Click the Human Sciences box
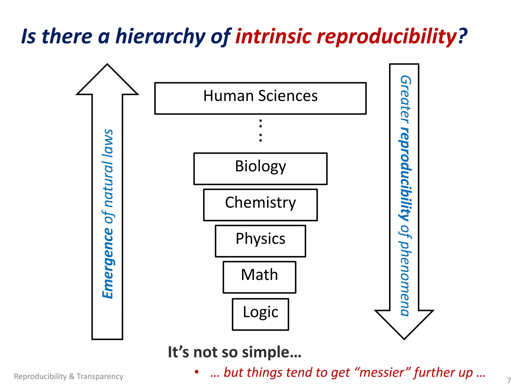[260, 98]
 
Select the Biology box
[260, 168]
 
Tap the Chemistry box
[260, 204]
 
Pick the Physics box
[260, 241]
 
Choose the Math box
[259, 277]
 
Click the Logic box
[260, 314]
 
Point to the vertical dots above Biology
[260, 130]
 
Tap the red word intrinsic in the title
[273, 36]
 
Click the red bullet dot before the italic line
[196, 372]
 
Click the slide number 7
[509, 381]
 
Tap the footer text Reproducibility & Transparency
[68, 376]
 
